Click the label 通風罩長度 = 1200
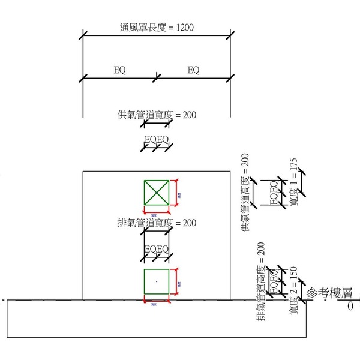point(157,28)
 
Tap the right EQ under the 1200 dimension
point(193,70)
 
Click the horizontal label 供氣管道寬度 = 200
point(157,114)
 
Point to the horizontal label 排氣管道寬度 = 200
point(157,223)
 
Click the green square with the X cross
point(156,193)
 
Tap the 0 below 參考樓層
point(349,306)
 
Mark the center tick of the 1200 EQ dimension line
point(157,77)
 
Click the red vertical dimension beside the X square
point(176,193)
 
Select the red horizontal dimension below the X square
point(156,211)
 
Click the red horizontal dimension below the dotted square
point(156,301)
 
